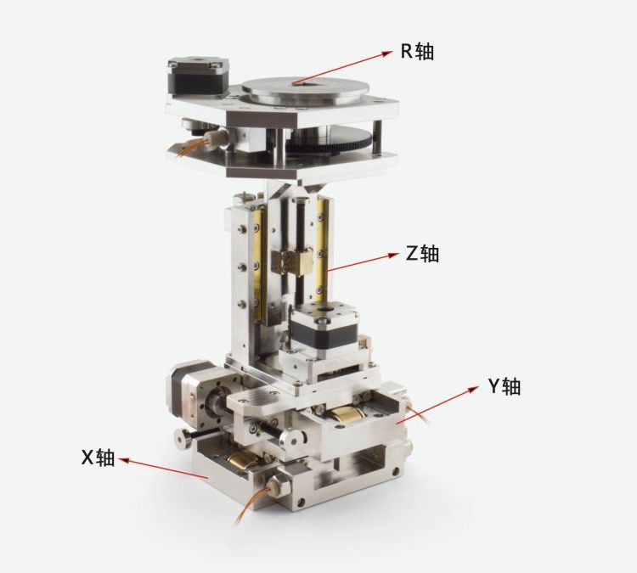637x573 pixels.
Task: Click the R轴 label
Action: click(417, 51)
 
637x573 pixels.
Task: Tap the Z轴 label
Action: click(422, 254)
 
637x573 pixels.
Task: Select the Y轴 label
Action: click(505, 385)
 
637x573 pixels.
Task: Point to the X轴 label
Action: click(98, 458)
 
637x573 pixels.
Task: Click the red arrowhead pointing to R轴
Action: click(386, 53)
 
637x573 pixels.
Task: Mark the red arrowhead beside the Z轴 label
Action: click(393, 255)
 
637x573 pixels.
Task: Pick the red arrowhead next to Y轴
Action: click(472, 389)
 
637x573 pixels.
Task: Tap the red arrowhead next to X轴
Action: click(124, 460)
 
